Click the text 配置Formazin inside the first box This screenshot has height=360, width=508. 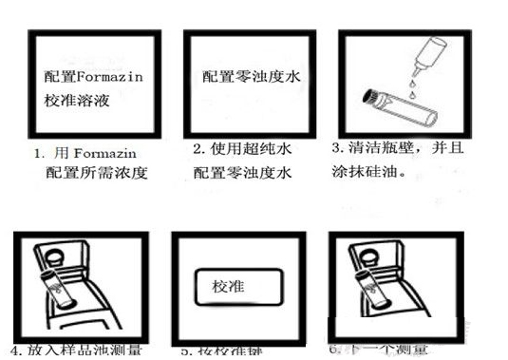pos(93,77)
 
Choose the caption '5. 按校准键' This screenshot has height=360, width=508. pos(224,351)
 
